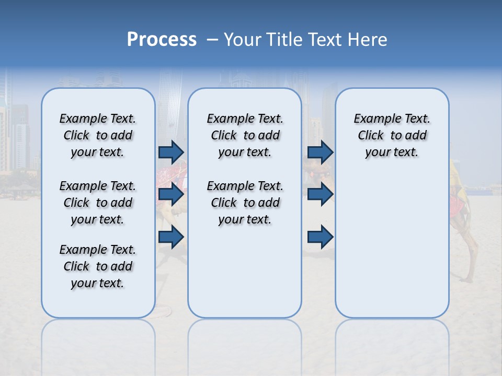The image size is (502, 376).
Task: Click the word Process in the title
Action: point(162,40)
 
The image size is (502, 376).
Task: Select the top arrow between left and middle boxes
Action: point(171,152)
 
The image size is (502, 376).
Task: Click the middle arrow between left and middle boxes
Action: point(171,194)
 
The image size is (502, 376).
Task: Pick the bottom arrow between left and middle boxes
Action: point(171,237)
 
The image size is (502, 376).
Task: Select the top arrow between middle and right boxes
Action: point(320,152)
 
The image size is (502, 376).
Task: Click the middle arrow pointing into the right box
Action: point(320,194)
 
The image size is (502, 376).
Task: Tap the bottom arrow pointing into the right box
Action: point(320,237)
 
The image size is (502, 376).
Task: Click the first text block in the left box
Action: point(98,135)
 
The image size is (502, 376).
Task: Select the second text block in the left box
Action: point(98,203)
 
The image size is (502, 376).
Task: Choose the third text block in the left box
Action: point(98,266)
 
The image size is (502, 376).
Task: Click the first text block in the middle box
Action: point(245,135)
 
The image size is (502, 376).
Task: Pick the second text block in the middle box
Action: point(245,203)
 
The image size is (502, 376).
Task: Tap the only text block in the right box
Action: point(392,135)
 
